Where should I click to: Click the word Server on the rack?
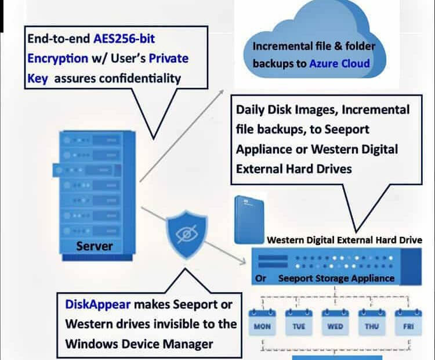tap(95, 246)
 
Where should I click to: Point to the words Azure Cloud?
tap(340, 63)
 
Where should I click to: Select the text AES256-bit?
tap(125, 39)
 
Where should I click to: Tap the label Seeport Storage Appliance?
tap(336, 278)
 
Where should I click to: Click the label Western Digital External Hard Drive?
tap(345, 240)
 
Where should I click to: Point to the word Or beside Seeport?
tap(261, 278)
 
